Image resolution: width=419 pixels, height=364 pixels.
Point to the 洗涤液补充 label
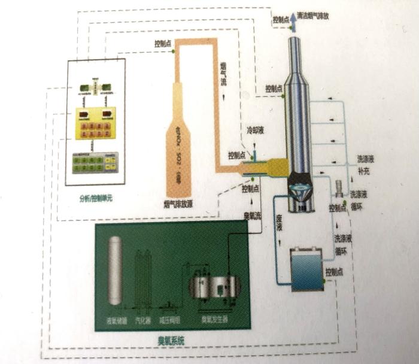point(367,165)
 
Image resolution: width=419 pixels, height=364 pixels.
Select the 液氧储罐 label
point(114,320)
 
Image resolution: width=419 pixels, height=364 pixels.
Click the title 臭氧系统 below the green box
point(169,340)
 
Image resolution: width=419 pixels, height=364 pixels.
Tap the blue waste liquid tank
point(307,269)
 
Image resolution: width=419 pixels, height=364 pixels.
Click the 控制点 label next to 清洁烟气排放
point(280,19)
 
